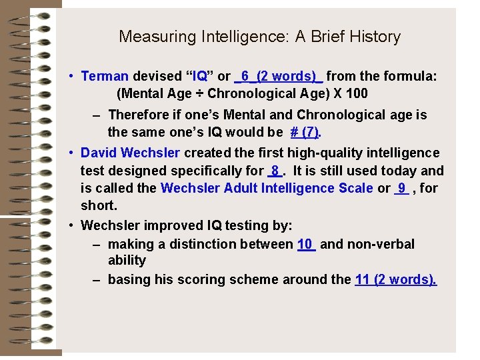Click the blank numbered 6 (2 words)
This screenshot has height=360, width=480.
click(279, 76)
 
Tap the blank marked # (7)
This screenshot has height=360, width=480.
click(304, 132)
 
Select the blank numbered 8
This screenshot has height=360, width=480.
click(275, 171)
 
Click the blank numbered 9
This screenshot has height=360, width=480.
click(401, 188)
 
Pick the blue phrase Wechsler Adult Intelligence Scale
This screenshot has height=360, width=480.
click(267, 188)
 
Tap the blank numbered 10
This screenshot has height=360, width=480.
click(305, 244)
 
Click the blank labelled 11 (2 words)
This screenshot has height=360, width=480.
click(396, 279)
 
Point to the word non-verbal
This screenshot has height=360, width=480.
click(379, 244)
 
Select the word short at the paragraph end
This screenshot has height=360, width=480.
click(97, 205)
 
